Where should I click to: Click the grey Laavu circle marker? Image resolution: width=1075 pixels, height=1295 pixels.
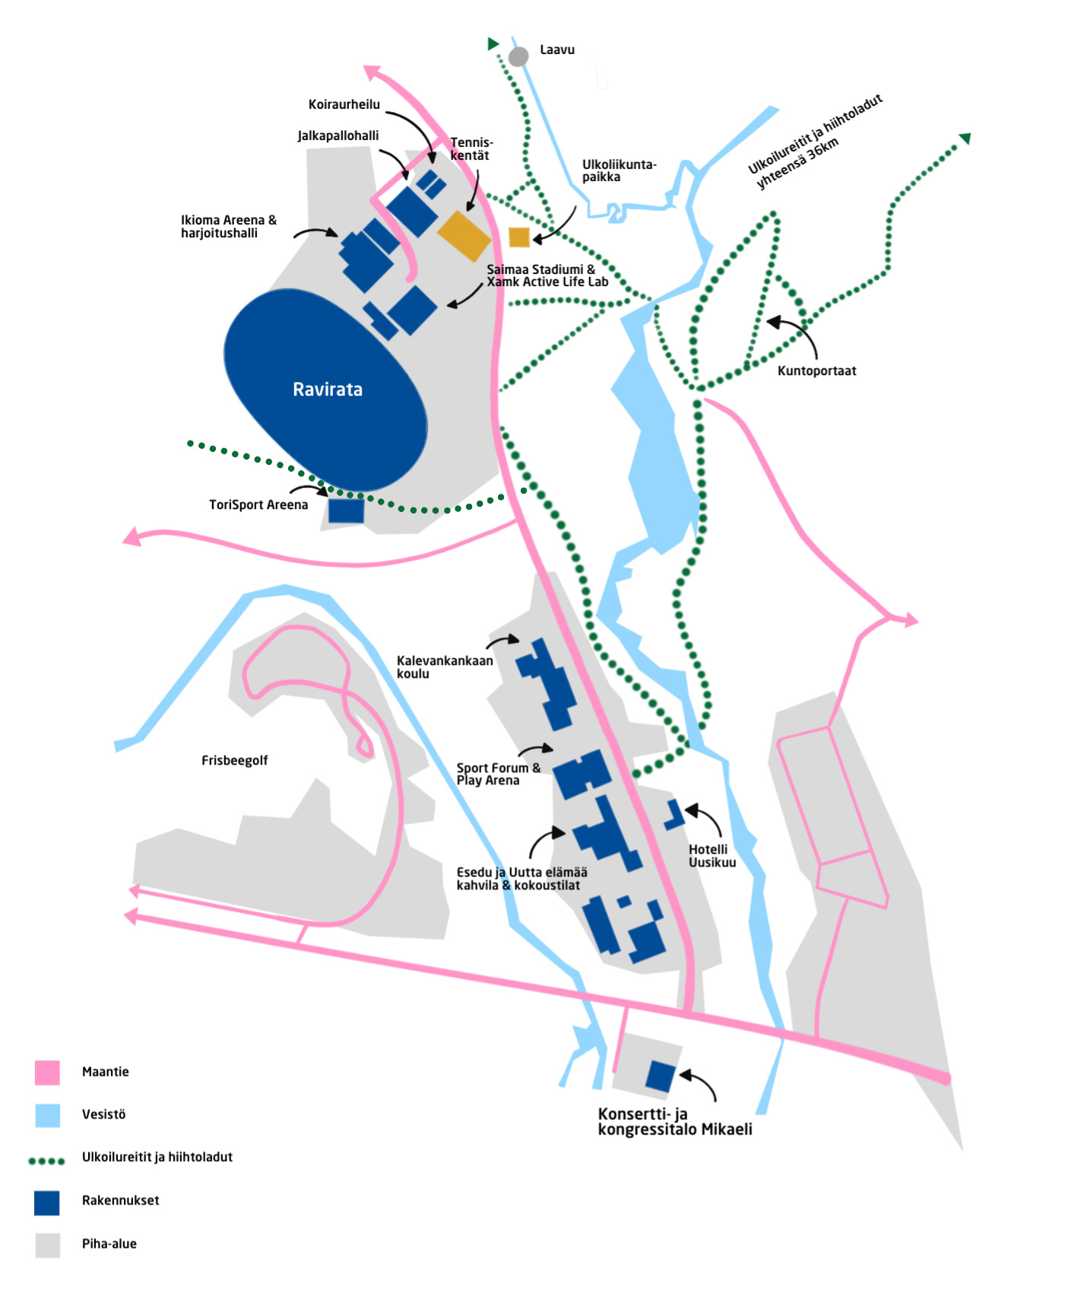(518, 56)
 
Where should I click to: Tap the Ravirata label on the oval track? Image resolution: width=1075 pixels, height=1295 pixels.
(328, 390)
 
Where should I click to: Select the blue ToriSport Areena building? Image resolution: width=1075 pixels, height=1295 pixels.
(346, 510)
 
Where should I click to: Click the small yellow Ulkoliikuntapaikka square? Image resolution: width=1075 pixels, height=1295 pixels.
(519, 237)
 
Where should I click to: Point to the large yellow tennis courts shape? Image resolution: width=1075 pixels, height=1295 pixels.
(465, 236)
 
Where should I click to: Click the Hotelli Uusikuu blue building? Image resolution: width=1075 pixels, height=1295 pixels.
(674, 814)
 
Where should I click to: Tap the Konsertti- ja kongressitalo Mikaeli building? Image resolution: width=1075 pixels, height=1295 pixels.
(661, 1076)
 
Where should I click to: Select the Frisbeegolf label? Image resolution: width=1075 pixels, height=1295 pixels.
(234, 760)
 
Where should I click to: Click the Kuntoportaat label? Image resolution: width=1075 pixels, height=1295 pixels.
(817, 371)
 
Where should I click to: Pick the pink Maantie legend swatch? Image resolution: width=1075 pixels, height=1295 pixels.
(47, 1072)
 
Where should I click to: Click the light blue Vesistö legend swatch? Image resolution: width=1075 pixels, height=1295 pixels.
(47, 1115)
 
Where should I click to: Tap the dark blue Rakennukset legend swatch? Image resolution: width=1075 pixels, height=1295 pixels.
(47, 1203)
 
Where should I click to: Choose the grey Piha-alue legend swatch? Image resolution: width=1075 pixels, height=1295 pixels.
(47, 1246)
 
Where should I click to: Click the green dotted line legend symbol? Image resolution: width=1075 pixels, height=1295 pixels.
(46, 1161)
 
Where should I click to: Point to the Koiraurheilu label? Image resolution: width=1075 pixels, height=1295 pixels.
(344, 105)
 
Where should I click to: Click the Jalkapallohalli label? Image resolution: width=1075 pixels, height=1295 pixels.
(338, 136)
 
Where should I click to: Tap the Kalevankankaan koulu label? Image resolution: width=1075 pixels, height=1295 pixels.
(445, 667)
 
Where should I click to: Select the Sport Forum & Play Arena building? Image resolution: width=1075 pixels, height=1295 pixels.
(582, 774)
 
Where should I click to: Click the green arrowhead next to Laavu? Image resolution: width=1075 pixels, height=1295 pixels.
(493, 44)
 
